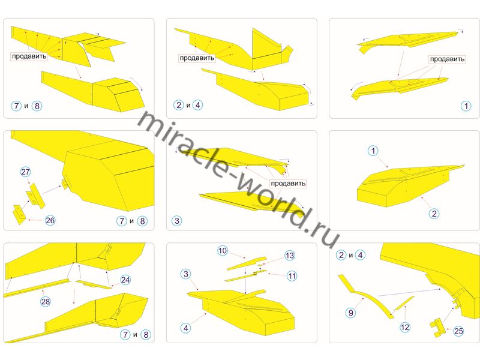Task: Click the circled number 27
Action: pyautogui.click(x=26, y=172)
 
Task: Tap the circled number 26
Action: pyautogui.click(x=50, y=220)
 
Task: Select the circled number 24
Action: pyautogui.click(x=125, y=280)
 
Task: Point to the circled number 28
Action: pyautogui.click(x=46, y=302)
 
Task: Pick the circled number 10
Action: pyautogui.click(x=223, y=251)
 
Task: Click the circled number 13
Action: pyautogui.click(x=290, y=256)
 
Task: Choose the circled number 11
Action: pyautogui.click(x=292, y=276)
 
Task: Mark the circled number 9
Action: pyautogui.click(x=351, y=313)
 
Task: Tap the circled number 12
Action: pyautogui.click(x=405, y=327)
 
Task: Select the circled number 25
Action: pyautogui.click(x=458, y=331)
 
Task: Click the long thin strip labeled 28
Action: pyautogui.click(x=37, y=287)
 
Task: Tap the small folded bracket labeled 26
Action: pyautogui.click(x=19, y=214)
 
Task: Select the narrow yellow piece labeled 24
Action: pyautogui.click(x=94, y=284)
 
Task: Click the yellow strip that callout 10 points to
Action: pyautogui.click(x=247, y=263)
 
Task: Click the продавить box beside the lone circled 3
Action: pyautogui.click(x=288, y=184)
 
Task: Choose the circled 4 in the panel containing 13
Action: pyautogui.click(x=186, y=328)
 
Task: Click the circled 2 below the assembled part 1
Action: pyautogui.click(x=434, y=214)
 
